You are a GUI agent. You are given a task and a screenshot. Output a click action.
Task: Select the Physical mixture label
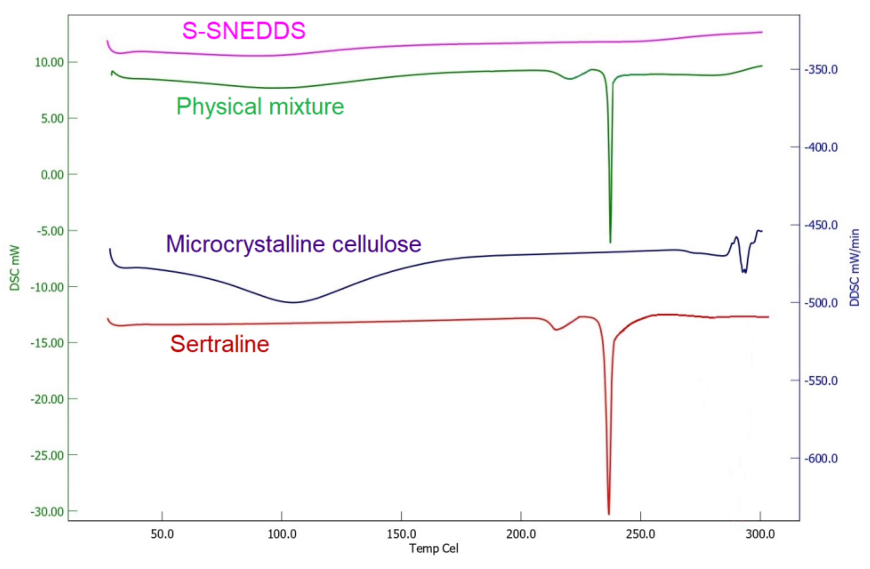260,106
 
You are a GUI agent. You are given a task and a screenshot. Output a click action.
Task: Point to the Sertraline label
220,344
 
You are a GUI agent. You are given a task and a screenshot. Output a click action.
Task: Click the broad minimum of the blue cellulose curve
294,302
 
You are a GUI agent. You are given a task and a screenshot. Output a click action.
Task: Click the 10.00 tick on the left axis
49,62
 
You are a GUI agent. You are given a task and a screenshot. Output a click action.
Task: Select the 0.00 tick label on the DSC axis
52,175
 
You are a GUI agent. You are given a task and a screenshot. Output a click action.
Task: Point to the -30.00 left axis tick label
47,511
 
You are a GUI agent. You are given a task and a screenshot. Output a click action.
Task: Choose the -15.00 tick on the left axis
47,343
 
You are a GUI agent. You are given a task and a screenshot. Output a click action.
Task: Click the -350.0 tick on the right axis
821,69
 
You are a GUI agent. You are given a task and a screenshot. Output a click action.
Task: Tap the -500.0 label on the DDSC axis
821,303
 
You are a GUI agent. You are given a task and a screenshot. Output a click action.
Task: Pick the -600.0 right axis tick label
821,458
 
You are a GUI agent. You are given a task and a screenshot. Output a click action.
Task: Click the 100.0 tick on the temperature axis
282,534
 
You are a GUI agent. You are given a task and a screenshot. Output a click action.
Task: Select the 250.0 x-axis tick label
640,534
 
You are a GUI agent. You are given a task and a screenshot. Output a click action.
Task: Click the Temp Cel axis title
434,549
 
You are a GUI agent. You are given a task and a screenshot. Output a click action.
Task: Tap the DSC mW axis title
15,268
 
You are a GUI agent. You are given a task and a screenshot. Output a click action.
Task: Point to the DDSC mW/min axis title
854,267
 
